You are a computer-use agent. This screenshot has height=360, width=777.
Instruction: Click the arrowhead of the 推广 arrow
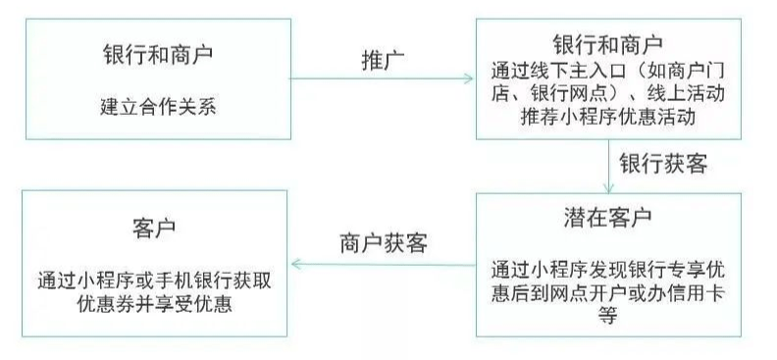coord(468,78)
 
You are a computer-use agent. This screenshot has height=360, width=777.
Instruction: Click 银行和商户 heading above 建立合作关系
coord(157,53)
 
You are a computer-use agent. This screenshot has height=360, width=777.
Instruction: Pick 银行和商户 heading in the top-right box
coord(608,45)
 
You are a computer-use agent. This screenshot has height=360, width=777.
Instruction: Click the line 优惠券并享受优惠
coord(154,303)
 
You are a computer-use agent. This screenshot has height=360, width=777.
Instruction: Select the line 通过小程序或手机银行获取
coord(154,279)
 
